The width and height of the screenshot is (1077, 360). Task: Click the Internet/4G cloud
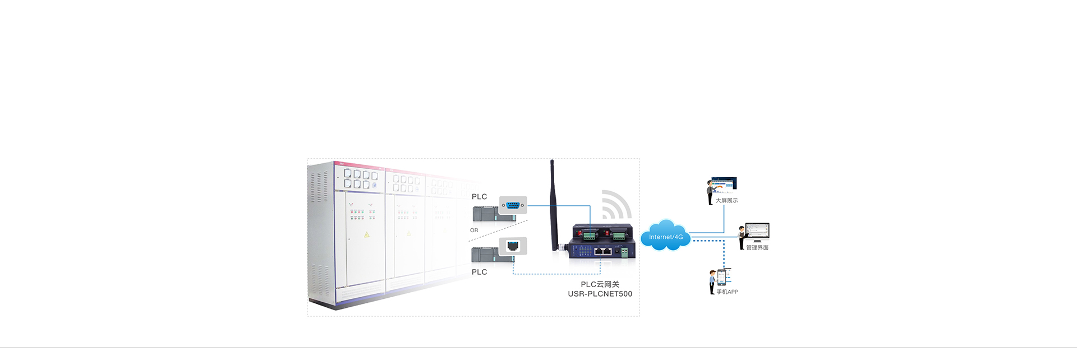665,236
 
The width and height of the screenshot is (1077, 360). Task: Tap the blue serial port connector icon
513,205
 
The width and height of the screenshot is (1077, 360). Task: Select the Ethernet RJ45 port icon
513,246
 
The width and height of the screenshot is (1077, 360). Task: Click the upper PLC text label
479,197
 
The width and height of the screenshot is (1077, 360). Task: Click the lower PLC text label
479,272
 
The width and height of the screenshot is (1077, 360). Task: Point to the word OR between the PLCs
474,230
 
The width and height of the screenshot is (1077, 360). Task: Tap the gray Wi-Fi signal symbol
615,205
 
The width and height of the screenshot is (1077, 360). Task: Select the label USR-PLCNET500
600,294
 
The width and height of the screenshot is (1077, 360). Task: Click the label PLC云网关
600,284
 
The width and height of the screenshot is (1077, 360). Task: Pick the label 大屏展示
726,201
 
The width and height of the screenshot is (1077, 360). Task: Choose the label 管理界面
757,248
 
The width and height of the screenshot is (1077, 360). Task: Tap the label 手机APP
727,292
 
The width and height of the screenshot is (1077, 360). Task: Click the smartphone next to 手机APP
721,276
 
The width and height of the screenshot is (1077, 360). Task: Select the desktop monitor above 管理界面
758,231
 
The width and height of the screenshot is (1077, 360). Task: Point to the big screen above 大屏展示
724,184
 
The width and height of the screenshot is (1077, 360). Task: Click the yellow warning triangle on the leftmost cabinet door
367,235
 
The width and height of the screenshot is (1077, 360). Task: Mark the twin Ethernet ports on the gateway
602,251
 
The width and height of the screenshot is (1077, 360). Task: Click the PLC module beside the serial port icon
486,214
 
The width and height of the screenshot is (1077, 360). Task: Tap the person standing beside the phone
712,281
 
